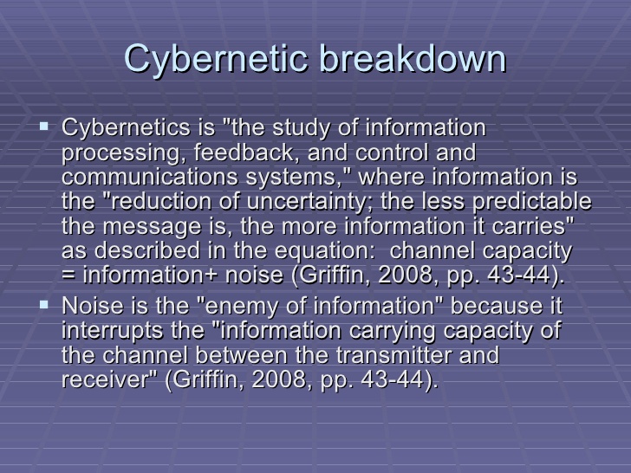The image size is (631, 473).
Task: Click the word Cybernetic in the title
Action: (x=216, y=60)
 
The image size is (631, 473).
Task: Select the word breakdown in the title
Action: (x=413, y=58)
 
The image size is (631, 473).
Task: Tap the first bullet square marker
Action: (x=44, y=126)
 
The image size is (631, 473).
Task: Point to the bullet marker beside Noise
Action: (x=44, y=305)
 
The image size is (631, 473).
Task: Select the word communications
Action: (x=150, y=177)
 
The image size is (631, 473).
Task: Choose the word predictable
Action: (x=532, y=202)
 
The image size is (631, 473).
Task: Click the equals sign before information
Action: (x=68, y=275)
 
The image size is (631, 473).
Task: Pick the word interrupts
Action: (x=113, y=331)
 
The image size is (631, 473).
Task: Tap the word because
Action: (x=496, y=306)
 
